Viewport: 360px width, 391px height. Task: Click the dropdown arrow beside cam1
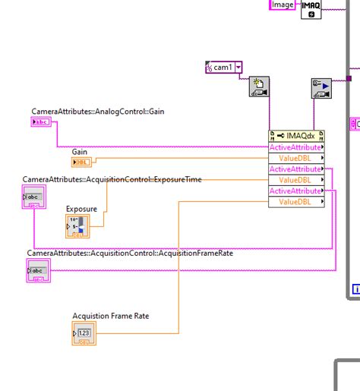pyautogui.click(x=239, y=68)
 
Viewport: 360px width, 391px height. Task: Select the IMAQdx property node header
pyautogui.click(x=296, y=136)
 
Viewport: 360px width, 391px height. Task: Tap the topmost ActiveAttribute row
pyautogui.click(x=295, y=147)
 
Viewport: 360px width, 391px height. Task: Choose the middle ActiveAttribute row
pyautogui.click(x=295, y=169)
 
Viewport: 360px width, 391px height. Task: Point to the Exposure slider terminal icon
pyautogui.click(x=77, y=225)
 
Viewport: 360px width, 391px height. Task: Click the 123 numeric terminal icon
pyautogui.click(x=84, y=332)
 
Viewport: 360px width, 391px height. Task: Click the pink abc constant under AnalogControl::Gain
pyautogui.click(x=41, y=121)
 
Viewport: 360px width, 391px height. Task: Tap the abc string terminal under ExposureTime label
pyautogui.click(x=35, y=198)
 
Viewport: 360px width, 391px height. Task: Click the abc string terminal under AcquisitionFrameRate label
pyautogui.click(x=37, y=270)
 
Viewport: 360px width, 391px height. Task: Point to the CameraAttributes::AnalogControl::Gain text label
pyautogui.click(x=97, y=112)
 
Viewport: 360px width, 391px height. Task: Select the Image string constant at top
pyautogui.click(x=283, y=5)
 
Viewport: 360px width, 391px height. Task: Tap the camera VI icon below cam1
pyautogui.click(x=260, y=89)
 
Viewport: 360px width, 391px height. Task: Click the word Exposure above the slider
pyautogui.click(x=81, y=208)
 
